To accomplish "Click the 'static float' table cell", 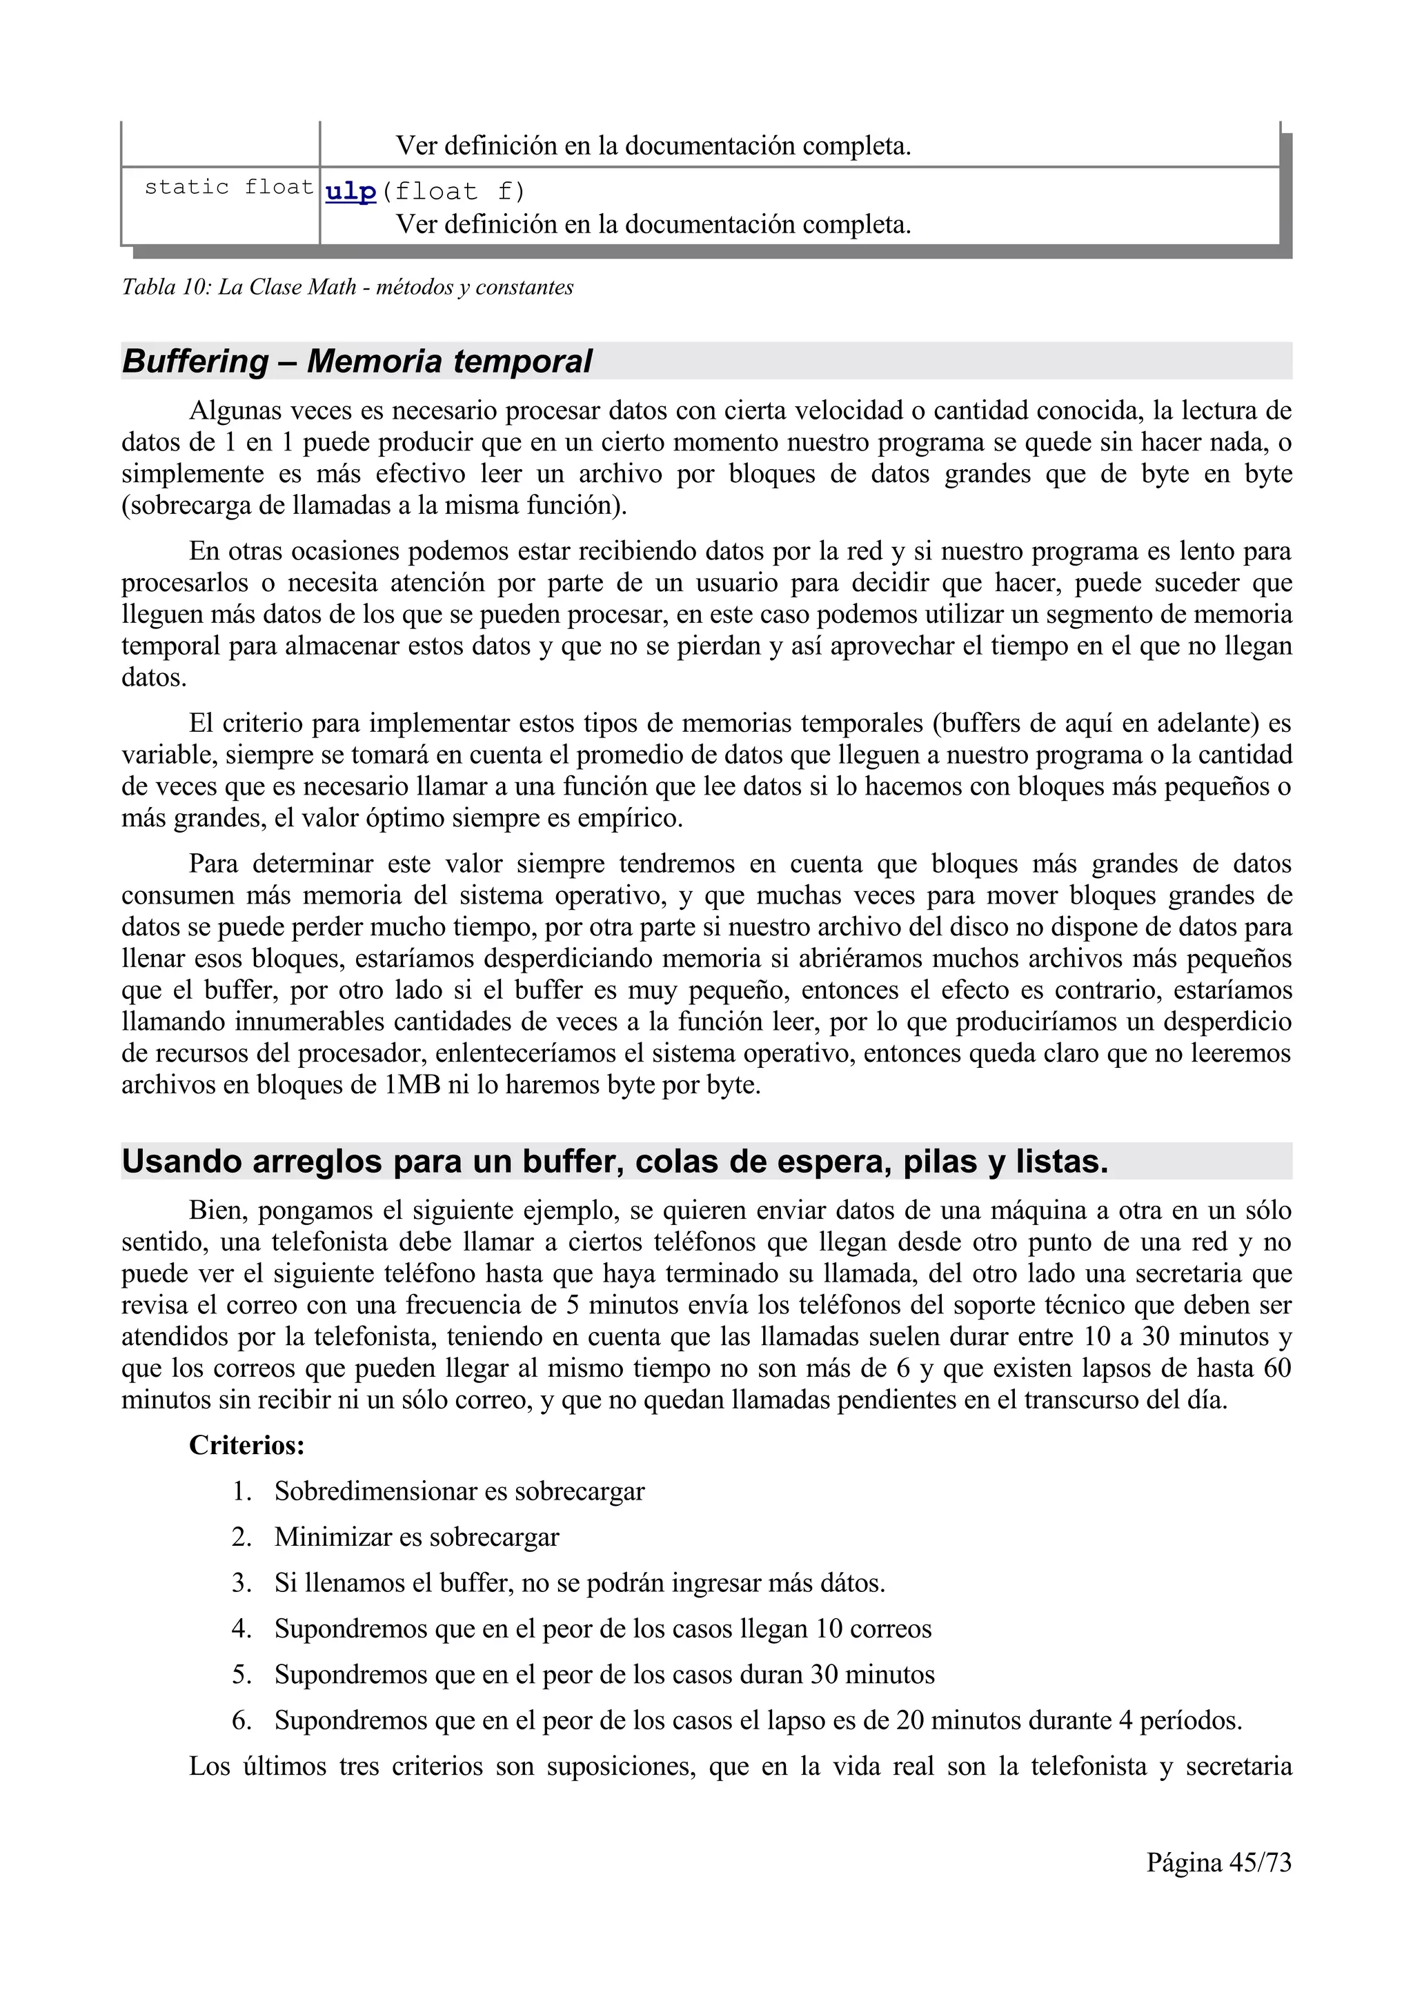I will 228,187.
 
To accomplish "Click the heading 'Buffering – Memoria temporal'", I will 357,361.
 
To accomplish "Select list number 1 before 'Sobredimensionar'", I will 241,1491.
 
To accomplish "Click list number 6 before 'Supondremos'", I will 241,1721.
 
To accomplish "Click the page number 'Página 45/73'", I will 1219,1862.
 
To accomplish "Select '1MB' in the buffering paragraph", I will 413,1086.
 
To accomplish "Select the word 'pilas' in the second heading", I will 942,1162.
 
